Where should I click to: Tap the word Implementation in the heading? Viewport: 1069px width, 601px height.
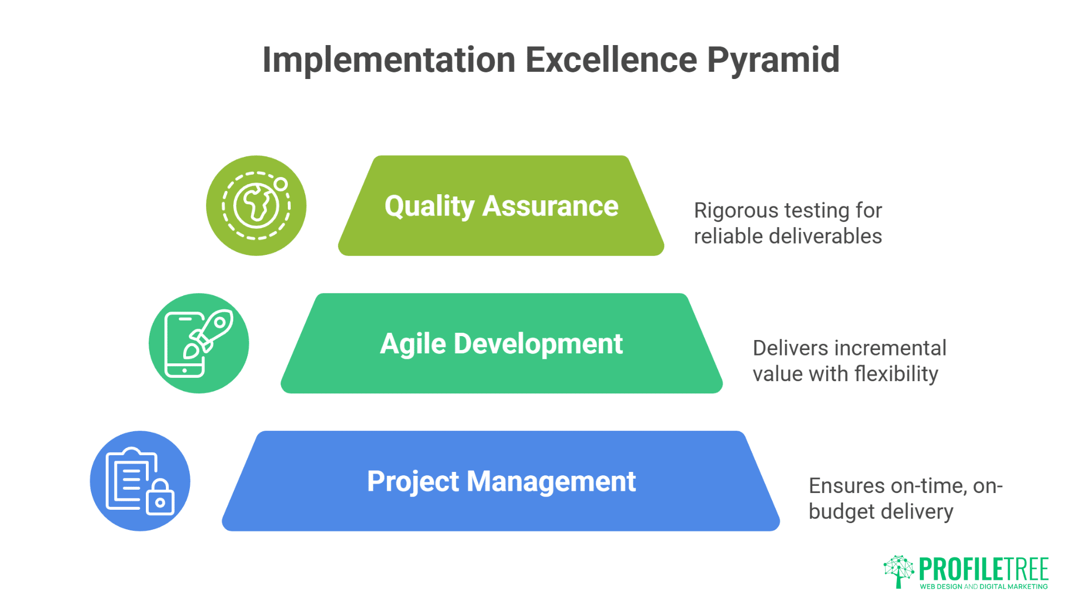point(389,60)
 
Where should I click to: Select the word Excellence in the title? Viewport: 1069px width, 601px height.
point(611,60)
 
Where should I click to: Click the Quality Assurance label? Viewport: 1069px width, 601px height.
point(501,206)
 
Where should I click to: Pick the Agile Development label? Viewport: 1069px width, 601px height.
point(501,343)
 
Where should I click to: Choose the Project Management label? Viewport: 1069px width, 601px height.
point(501,481)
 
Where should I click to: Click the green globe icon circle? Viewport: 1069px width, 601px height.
point(256,206)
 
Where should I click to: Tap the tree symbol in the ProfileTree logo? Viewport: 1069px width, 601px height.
point(899,570)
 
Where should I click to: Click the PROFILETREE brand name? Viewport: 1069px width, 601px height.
point(984,569)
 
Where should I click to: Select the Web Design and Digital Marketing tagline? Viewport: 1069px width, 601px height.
point(984,587)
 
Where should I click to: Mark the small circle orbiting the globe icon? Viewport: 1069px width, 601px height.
point(281,184)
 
